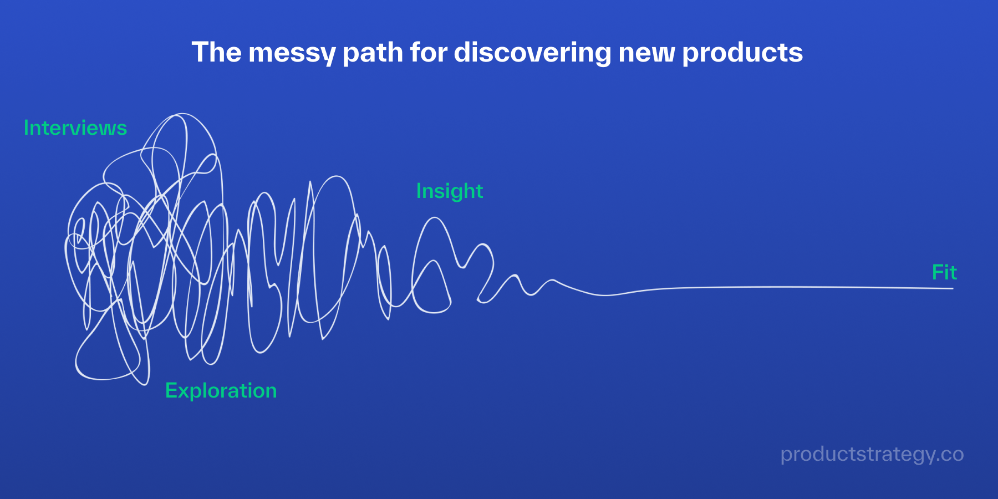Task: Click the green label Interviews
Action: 75,128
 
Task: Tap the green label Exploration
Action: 221,391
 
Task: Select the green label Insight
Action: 450,192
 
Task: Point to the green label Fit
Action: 944,272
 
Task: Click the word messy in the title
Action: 292,53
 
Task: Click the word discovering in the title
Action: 532,53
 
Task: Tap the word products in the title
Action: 742,53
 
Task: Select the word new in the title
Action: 646,55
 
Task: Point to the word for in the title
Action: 429,53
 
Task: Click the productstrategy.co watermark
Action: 872,455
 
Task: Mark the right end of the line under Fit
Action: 953,288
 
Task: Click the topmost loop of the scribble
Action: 181,114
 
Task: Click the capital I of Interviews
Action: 26,128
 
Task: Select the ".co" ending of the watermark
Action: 949,455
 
